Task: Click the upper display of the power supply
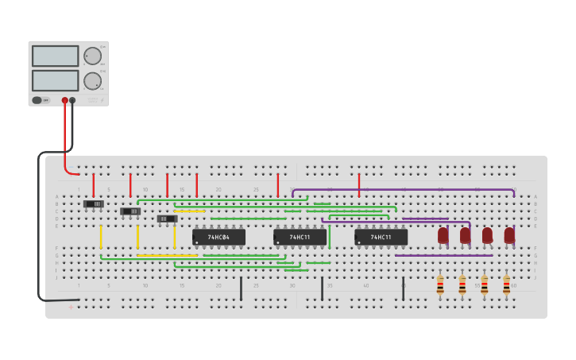[x=55, y=56]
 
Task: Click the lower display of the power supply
[x=55, y=80]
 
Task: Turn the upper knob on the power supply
[x=92, y=56]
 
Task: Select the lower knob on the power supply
[x=92, y=80]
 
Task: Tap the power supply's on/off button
[x=37, y=100]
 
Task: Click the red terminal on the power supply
[x=65, y=101]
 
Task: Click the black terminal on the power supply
[x=72, y=101]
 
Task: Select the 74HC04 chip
[x=218, y=237]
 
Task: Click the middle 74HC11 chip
[x=300, y=237]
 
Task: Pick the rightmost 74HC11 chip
[x=381, y=237]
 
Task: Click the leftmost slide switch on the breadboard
[x=94, y=204]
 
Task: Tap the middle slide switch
[x=130, y=211]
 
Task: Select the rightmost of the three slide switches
[x=167, y=219]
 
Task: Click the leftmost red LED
[x=443, y=235]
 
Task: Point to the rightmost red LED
[x=509, y=235]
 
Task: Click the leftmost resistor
[x=440, y=285]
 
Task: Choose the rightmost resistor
[x=506, y=285]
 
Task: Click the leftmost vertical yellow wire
[x=101, y=237]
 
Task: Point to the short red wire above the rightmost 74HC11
[x=359, y=185]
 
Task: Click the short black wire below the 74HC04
[x=241, y=288]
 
